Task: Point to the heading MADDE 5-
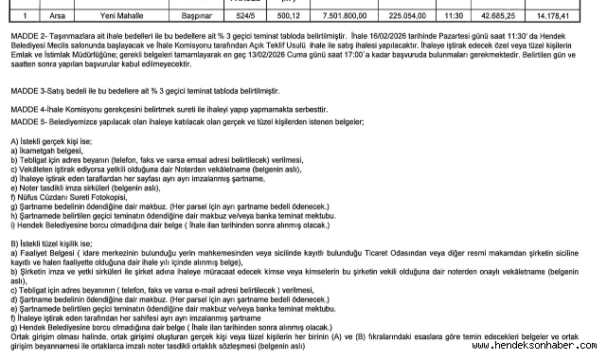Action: (25, 123)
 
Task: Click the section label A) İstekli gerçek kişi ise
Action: (47, 141)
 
